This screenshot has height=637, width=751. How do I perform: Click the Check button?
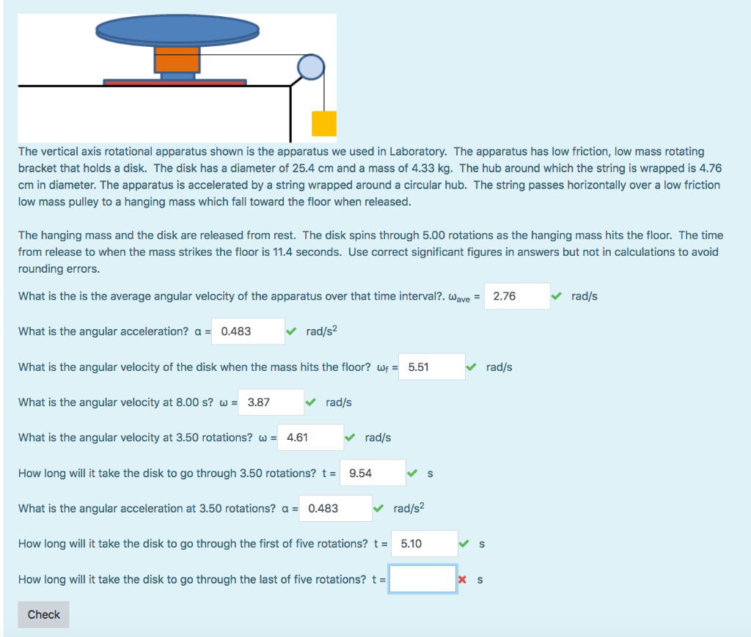(43, 614)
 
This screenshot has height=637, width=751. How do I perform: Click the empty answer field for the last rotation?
(422, 579)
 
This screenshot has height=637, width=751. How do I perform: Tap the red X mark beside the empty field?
(462, 580)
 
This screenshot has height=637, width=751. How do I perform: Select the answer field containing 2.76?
(517, 296)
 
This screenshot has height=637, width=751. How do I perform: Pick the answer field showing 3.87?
(271, 402)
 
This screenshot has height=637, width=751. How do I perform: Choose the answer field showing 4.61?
(310, 438)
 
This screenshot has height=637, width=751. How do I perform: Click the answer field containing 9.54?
(373, 473)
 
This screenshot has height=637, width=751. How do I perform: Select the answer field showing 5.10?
(425, 544)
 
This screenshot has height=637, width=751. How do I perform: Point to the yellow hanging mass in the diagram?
(323, 123)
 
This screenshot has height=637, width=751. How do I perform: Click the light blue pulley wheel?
(310, 67)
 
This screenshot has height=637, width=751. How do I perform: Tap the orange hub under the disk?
(177, 59)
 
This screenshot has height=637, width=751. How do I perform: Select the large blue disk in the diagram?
(177, 29)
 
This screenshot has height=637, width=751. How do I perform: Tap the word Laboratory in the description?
(414, 151)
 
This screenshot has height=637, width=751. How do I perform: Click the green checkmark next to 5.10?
(464, 544)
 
